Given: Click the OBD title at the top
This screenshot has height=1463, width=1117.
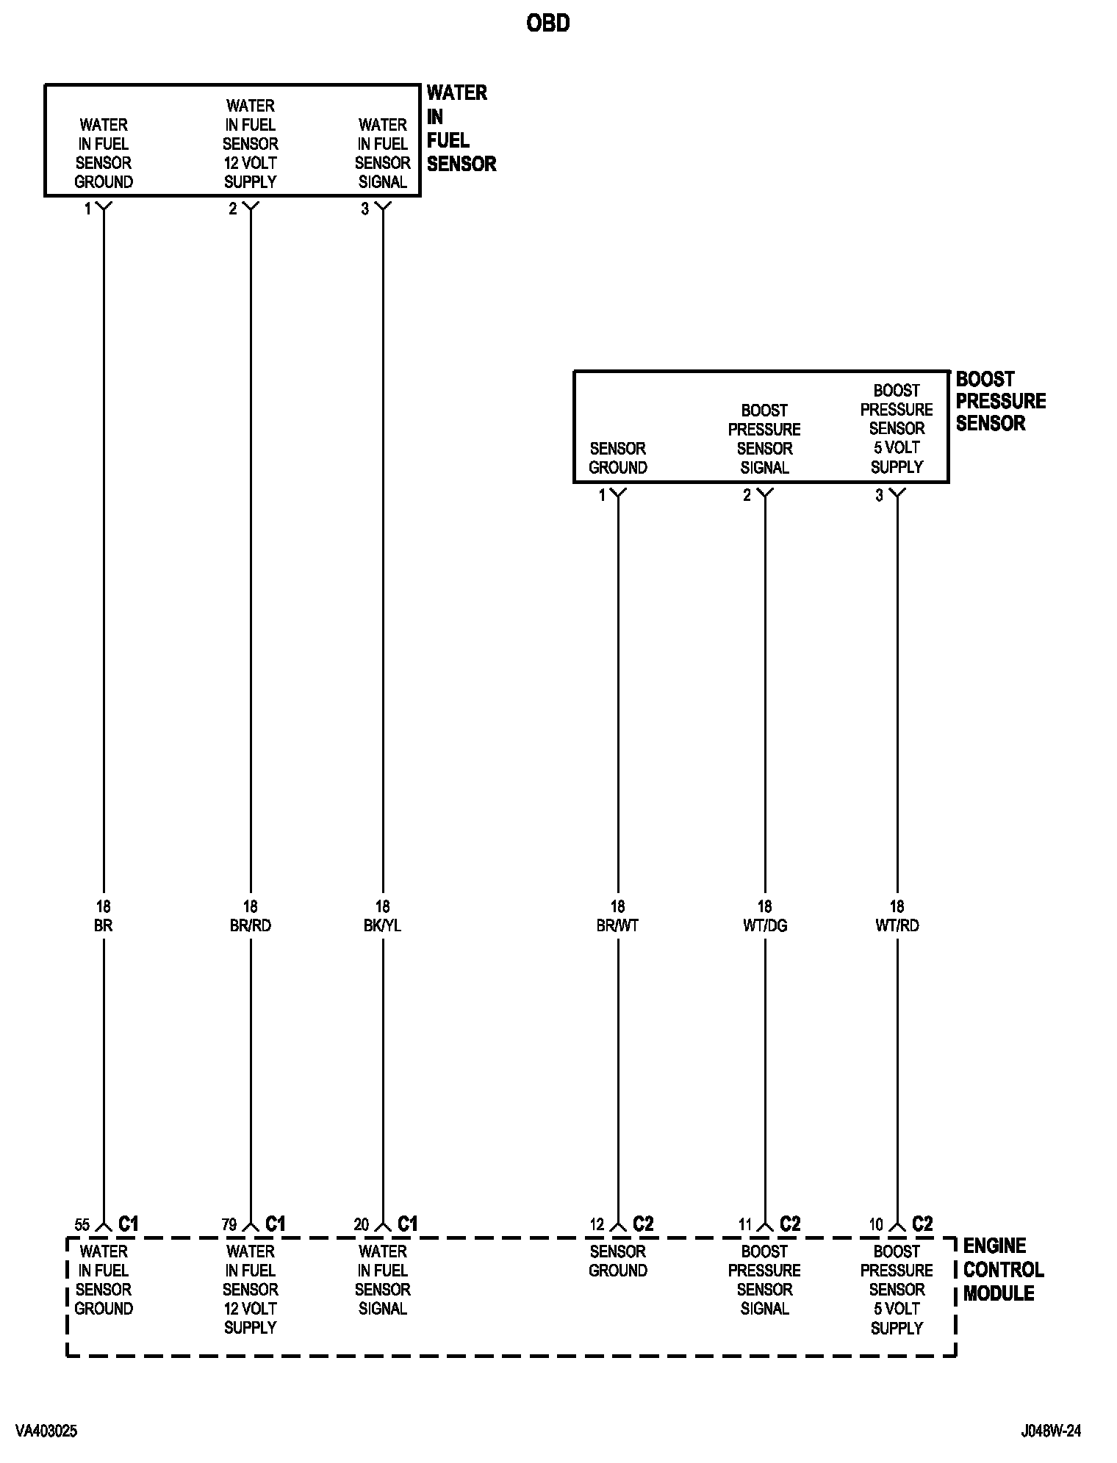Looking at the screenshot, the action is point(547,24).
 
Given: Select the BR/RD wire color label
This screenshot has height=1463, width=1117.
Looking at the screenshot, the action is point(250,925).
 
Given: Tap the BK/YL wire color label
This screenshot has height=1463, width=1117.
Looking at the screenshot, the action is point(382,925).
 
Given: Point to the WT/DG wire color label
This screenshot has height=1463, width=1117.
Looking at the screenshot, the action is point(764,925).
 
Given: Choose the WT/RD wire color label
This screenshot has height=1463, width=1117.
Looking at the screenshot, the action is point(897,925).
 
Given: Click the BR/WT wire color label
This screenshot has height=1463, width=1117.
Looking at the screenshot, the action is point(617,925).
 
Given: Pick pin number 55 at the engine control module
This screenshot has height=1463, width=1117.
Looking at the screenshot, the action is point(82,1224).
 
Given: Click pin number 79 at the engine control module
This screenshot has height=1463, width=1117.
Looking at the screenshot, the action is point(229,1224).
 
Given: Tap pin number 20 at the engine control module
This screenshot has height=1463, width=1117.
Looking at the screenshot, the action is point(362,1224).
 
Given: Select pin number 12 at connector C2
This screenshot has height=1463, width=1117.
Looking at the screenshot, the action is point(597,1224).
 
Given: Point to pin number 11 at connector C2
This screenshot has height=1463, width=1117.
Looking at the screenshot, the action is point(745,1224).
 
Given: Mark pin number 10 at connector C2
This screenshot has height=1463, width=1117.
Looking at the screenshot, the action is point(876,1224).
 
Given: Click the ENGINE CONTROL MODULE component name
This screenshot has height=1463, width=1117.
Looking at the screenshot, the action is point(1003,1269).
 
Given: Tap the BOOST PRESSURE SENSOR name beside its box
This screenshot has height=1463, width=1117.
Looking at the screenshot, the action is point(1000,401).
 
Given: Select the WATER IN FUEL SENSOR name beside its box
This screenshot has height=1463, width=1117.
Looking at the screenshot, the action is point(461,129).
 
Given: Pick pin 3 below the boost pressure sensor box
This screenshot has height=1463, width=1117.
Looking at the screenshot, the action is point(879,496).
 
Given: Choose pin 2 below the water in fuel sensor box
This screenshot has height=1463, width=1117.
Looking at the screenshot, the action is point(232,209).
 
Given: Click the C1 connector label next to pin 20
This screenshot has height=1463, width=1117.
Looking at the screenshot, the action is point(407,1224).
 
